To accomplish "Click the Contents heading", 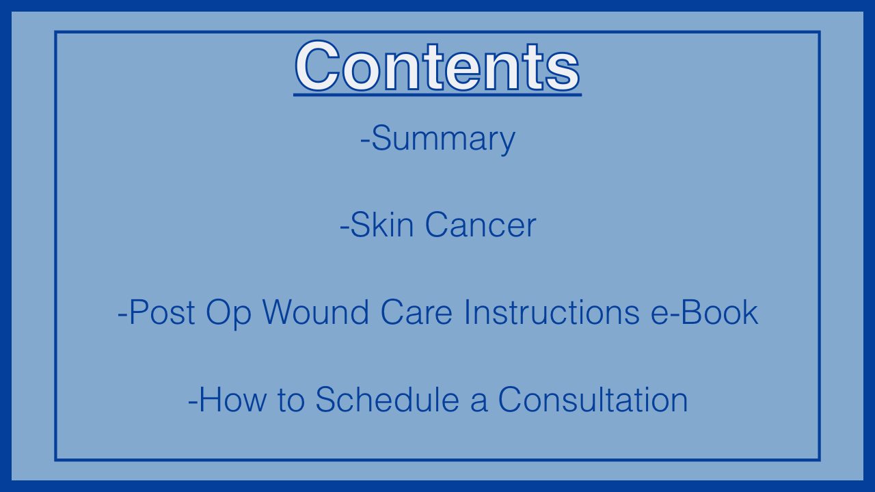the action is click(x=437, y=66).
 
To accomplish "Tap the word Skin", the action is click(x=382, y=225).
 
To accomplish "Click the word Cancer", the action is click(x=481, y=225).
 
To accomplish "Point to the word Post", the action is click(x=162, y=312).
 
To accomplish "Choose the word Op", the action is click(x=228, y=314).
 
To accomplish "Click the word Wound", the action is click(x=316, y=312).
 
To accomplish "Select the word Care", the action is click(x=416, y=312).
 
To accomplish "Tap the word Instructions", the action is click(x=552, y=312).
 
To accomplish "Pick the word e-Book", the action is click(x=705, y=312).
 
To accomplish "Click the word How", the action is click(x=233, y=400).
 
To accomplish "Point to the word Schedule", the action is click(x=388, y=400).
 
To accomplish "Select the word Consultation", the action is click(x=593, y=400).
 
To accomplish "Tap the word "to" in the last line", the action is click(x=291, y=400).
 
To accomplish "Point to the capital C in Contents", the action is click(x=317, y=66).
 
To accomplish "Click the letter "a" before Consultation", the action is click(x=479, y=403).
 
